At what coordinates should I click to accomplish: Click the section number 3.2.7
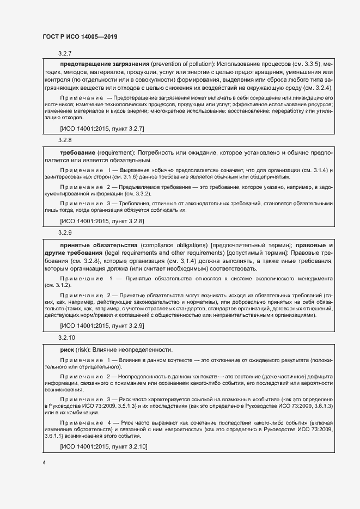tap(65, 53)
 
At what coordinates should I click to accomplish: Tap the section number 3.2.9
tap(65, 232)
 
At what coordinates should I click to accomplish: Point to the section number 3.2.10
tap(66, 338)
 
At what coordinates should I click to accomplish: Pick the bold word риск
tap(68, 348)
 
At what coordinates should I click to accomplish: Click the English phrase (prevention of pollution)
tap(185, 64)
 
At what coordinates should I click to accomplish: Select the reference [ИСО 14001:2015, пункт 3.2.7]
tap(101, 128)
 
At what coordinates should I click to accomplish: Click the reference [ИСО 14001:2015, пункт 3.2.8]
tap(101, 221)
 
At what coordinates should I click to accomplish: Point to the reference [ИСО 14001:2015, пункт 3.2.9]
tap(101, 326)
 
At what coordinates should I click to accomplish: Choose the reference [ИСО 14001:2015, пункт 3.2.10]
tap(103, 446)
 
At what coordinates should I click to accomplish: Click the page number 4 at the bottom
tap(44, 463)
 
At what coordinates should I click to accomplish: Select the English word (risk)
tap(84, 348)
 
